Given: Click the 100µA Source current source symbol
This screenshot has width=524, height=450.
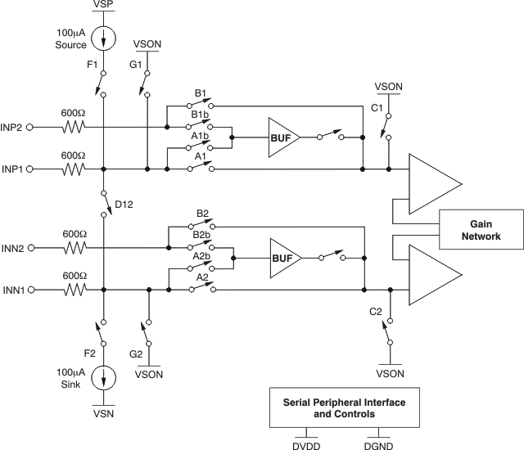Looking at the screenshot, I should click(105, 38).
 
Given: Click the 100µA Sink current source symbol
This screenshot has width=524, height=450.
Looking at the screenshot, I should click(105, 379).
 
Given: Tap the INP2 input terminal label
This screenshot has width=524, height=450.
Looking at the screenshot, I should click(12, 127).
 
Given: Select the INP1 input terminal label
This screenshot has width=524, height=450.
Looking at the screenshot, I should click(12, 169).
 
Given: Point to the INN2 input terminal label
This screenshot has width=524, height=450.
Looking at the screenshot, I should click(12, 247).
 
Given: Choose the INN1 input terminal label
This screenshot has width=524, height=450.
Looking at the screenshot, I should click(12, 290).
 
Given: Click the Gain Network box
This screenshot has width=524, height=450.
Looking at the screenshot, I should click(481, 230).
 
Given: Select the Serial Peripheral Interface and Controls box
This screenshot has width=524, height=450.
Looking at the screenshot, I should click(344, 408).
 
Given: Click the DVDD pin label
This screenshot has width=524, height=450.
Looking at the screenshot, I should click(306, 443).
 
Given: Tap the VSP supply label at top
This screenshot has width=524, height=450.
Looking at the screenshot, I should click(105, 6).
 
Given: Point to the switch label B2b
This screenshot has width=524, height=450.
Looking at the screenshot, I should click(201, 235).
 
